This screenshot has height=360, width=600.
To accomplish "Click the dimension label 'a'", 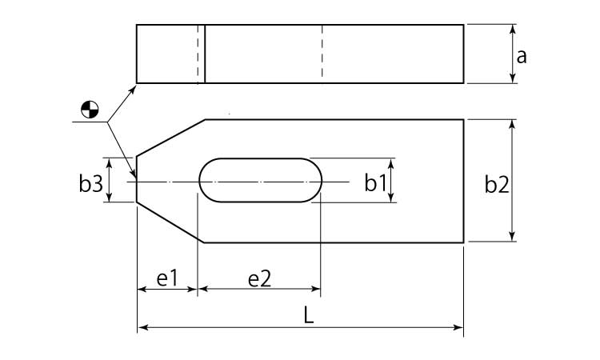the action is point(522,57).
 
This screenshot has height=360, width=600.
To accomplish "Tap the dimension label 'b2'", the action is point(497,184).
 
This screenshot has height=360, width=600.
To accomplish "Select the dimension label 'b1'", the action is point(375,182).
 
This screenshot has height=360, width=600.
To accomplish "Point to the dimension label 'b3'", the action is point(91,183).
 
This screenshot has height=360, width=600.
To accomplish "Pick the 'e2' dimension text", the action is point(259,278).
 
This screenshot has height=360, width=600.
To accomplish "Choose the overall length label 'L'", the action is point(309,315).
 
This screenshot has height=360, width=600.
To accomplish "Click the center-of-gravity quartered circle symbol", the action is point(90,110).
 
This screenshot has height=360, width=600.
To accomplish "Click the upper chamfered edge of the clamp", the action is point(170,138).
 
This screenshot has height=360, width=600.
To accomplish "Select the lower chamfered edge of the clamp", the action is point(170,222).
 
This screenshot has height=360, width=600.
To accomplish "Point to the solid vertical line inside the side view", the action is point(205,54).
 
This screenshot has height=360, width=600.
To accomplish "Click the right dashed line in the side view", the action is point(322,54).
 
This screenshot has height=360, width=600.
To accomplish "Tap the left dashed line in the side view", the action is point(198,54).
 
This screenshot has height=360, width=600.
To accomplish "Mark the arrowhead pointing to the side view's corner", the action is point(133,90).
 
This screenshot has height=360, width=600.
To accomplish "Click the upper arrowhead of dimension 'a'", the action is point(513,29).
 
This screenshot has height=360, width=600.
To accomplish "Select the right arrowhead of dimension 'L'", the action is point(458,327).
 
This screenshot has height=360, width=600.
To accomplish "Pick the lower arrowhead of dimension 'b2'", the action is point(513,237).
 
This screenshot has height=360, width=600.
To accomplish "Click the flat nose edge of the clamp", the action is point(137,179).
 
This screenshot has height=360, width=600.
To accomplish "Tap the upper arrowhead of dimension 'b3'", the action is point(109,162).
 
